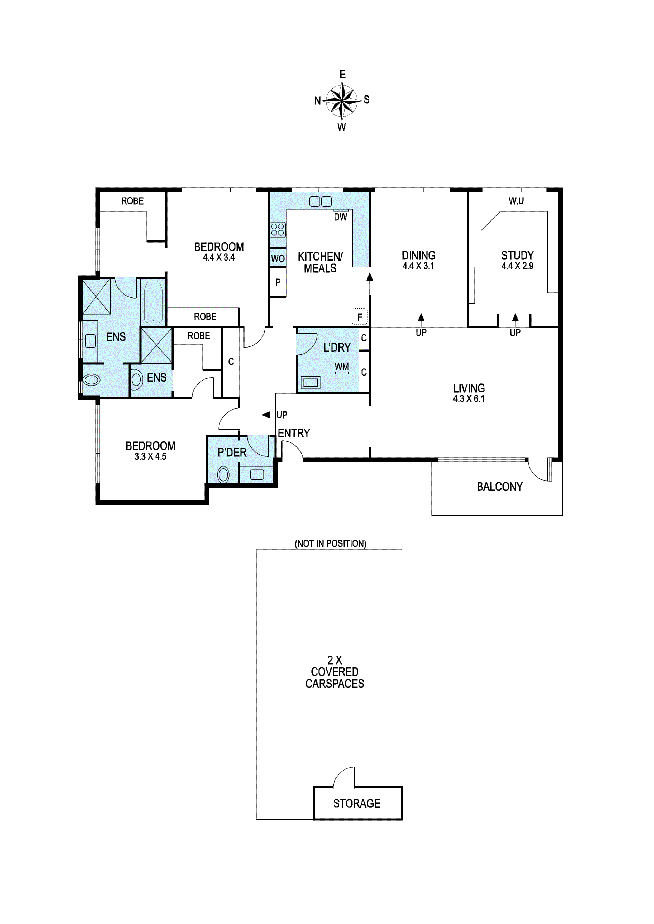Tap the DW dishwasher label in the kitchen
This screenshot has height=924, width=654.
pos(340,217)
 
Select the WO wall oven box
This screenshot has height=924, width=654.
pos(278,259)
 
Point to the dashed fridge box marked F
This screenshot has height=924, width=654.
pos(360,317)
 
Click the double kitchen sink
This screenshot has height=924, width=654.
pos(321,201)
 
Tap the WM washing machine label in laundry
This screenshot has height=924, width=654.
pos(341,367)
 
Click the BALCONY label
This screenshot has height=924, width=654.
pos(499,487)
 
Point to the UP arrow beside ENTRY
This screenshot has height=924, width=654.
pos(267,415)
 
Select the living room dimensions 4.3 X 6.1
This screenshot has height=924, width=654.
pos(469,399)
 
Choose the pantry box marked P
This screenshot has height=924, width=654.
pos(278,282)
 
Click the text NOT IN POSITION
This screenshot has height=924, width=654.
pos(330,544)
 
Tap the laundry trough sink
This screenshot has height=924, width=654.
pos(310,382)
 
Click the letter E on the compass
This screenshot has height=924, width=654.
pos(342,74)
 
